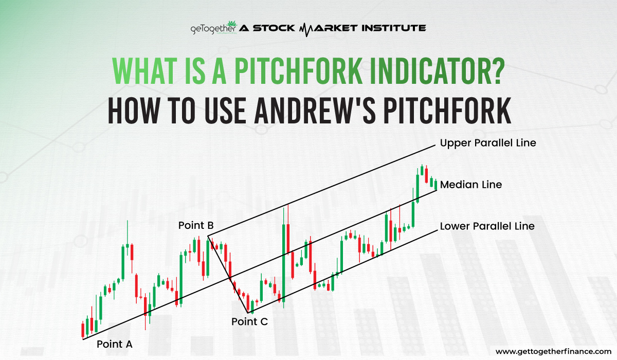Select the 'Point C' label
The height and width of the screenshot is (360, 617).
[249, 322]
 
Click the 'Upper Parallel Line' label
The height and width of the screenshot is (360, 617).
[488, 143]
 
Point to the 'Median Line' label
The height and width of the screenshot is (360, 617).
[471, 184]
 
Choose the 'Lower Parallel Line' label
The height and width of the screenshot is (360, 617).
[487, 226]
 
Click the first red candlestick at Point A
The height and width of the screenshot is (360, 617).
[83, 329]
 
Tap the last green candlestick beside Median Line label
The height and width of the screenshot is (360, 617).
[435, 184]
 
